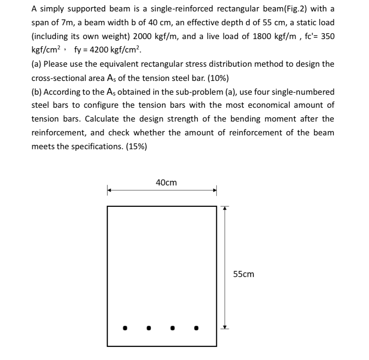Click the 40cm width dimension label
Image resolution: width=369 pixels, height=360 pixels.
[x=166, y=183]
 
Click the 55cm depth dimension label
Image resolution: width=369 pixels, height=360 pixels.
[x=244, y=274]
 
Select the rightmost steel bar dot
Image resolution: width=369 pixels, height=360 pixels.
[x=196, y=327]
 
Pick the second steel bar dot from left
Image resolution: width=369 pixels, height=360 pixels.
[x=149, y=328]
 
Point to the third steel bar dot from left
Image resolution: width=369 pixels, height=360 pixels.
[x=172, y=328]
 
